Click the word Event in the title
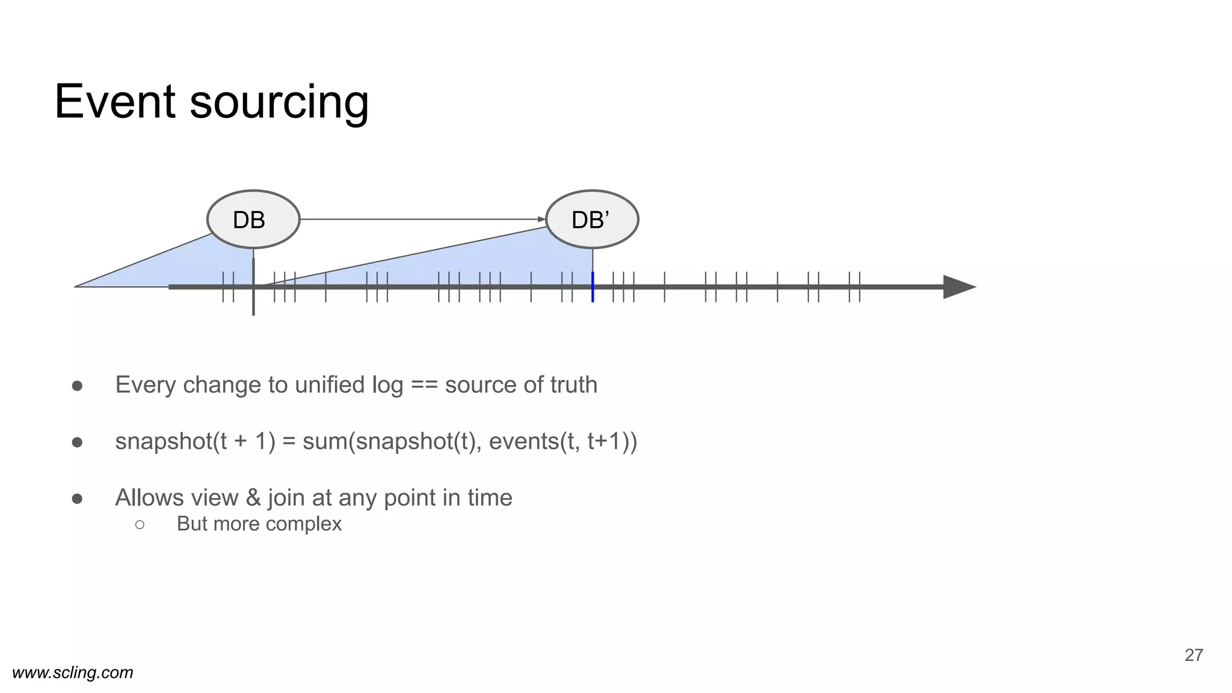point(115,102)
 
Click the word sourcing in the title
point(279,103)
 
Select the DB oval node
point(253,220)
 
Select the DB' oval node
point(592,220)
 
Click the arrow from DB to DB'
point(421,220)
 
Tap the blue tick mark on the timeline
point(593,287)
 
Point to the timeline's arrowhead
point(958,287)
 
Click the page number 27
point(1193,655)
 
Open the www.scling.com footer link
point(73,673)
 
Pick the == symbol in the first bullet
point(424,385)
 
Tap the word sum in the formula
point(325,442)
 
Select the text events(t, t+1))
point(563,442)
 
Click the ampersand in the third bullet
point(253,498)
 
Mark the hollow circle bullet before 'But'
point(140,525)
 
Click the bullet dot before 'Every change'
point(77,386)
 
